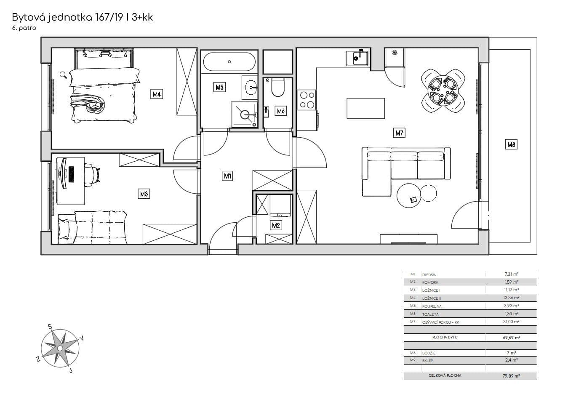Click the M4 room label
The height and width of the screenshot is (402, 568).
157,94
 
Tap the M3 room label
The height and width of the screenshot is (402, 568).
144,194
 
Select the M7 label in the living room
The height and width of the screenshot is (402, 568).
399,133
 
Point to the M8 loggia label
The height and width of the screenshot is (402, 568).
511,144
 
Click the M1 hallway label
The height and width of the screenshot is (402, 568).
227,176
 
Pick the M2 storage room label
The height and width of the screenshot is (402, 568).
276,226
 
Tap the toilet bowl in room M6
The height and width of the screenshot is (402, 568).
278,88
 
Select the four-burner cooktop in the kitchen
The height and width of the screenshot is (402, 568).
306,100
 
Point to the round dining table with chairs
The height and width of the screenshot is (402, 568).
444,91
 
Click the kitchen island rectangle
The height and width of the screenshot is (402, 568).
365,108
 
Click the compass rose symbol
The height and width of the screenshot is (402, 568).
60,349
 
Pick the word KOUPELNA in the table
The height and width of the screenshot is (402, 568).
432,306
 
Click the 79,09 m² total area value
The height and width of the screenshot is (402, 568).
511,376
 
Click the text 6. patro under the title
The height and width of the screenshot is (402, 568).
24,28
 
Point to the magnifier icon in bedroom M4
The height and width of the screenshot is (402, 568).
63,75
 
